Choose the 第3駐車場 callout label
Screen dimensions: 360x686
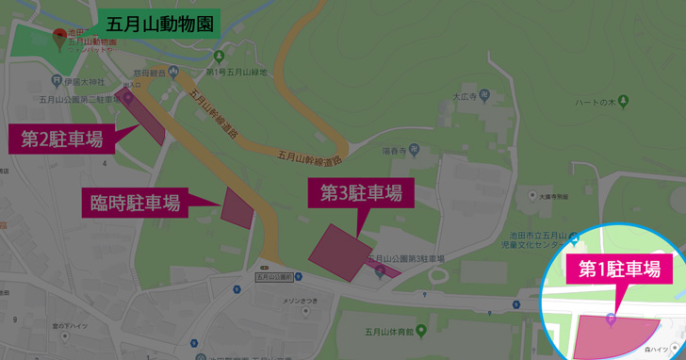361,193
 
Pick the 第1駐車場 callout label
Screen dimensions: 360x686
618,270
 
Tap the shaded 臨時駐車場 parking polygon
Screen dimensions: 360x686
237,206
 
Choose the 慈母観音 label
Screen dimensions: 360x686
149,72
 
